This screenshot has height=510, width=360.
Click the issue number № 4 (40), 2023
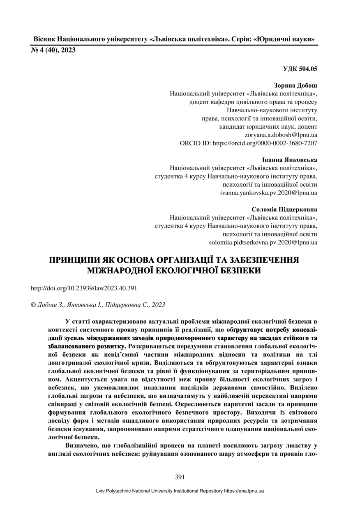53,50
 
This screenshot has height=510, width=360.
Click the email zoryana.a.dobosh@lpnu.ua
281,135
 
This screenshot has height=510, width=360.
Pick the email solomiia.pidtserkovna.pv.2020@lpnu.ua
263,243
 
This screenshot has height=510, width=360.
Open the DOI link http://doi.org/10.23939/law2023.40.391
84,288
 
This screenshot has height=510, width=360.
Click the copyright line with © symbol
98,305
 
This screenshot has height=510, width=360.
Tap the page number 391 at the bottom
180,477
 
